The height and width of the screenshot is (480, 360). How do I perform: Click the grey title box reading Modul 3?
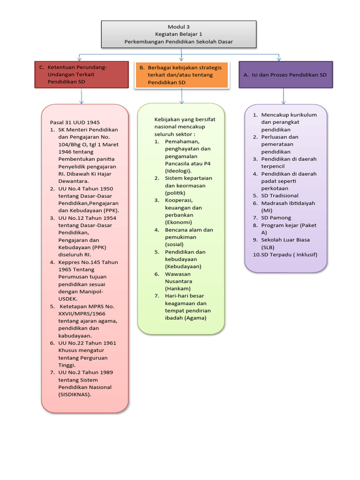(179, 34)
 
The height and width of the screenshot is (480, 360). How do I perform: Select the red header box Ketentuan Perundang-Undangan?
(82, 75)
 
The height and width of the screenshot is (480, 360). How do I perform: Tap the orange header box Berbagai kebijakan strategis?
(182, 75)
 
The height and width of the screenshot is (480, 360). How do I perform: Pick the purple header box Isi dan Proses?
(285, 75)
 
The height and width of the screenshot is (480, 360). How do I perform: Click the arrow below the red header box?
(82, 96)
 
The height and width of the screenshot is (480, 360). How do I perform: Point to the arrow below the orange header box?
(182, 96)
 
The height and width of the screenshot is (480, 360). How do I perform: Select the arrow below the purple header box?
(284, 97)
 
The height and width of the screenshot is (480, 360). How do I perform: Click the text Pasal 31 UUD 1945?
(75, 122)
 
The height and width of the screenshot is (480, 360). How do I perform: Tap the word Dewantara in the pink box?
(74, 181)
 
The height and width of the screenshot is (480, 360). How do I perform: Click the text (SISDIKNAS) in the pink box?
(75, 395)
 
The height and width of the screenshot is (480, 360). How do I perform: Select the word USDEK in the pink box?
(68, 299)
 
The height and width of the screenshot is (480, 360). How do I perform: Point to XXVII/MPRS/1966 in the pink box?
(82, 314)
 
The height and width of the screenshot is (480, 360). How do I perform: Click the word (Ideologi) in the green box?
(178, 171)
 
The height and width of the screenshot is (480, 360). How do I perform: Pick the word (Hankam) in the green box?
(178, 289)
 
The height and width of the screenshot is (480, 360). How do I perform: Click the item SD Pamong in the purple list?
(276, 218)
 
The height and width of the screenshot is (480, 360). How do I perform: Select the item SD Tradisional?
(280, 196)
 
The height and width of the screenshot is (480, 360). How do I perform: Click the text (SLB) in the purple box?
(268, 247)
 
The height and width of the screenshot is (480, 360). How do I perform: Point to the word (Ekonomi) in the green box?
(179, 223)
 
